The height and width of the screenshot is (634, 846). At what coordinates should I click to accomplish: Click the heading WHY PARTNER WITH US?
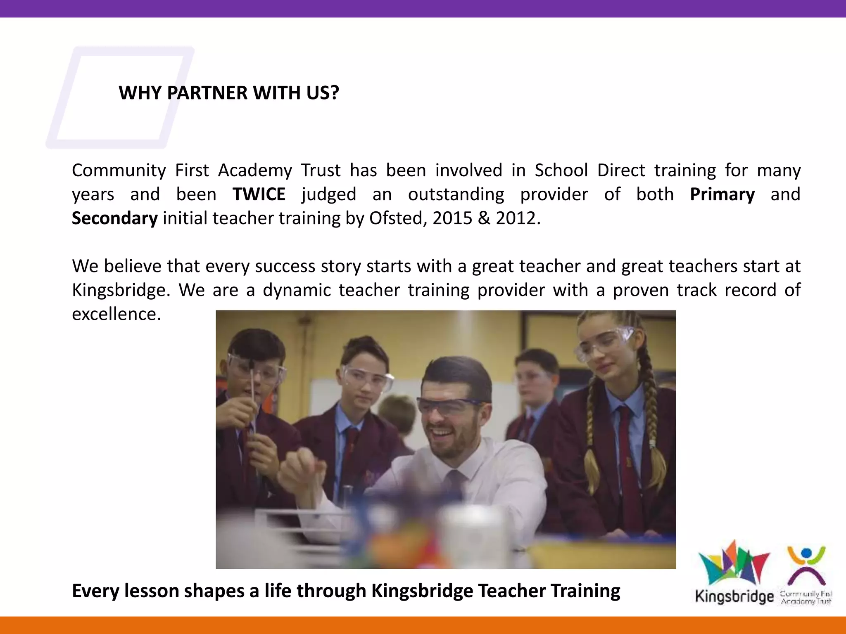pyautogui.click(x=229, y=93)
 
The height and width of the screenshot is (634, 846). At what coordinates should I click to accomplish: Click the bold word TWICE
pyautogui.click(x=259, y=194)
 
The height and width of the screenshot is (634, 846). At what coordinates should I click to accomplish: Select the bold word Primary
pyautogui.click(x=722, y=194)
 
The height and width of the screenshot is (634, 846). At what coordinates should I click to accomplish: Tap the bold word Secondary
pyautogui.click(x=114, y=218)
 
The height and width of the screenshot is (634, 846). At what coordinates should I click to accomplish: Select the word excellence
pyautogui.click(x=116, y=314)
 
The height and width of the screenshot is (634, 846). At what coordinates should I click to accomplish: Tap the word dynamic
pyautogui.click(x=297, y=290)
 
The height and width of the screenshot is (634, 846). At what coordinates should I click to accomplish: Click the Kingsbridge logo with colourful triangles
pyautogui.click(x=734, y=572)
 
